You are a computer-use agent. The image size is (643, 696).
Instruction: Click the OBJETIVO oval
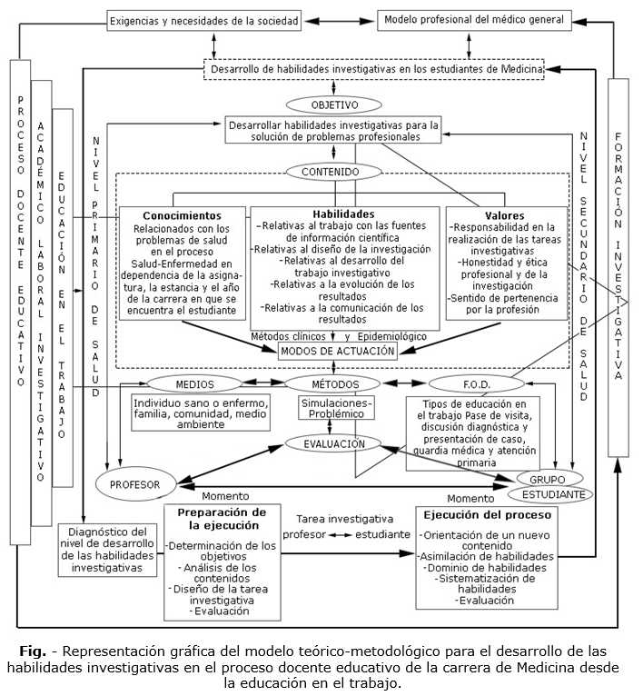point(335,104)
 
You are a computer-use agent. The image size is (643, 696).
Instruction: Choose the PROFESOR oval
point(134,483)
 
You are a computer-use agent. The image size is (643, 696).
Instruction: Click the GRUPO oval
point(549,479)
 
